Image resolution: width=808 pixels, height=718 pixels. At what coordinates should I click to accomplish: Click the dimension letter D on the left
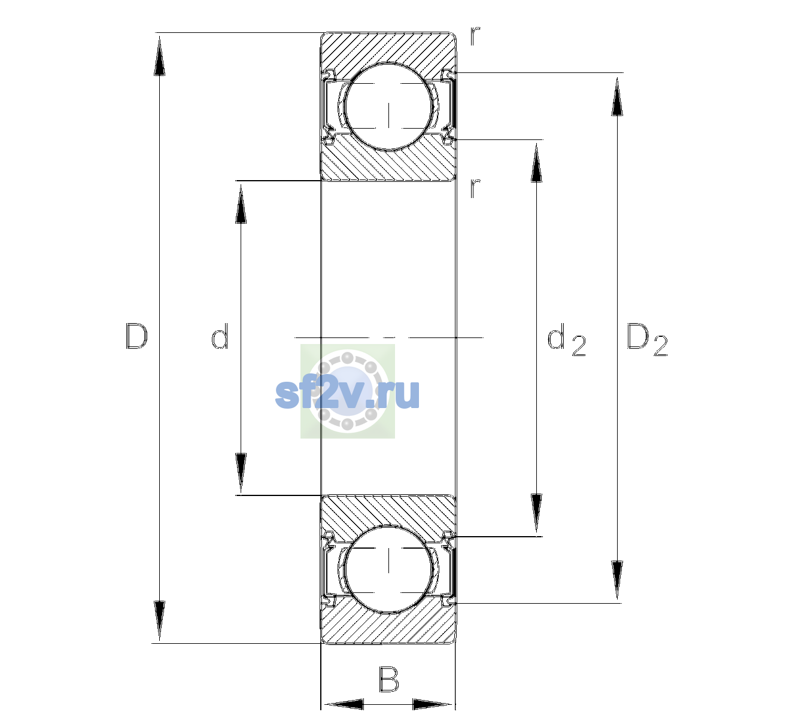tap(136, 336)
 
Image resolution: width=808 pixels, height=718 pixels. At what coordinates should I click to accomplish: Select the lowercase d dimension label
tap(220, 336)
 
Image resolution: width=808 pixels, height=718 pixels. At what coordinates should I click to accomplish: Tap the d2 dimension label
tap(566, 339)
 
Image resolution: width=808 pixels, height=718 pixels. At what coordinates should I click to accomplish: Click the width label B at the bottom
tap(388, 679)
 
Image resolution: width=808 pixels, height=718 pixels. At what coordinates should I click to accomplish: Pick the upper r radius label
tap(475, 36)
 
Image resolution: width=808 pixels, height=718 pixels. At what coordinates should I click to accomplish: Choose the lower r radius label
tap(475, 188)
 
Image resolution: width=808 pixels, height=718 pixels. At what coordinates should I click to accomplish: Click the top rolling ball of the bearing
tap(388, 107)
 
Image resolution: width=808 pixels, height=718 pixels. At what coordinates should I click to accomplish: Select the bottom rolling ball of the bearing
tap(388, 568)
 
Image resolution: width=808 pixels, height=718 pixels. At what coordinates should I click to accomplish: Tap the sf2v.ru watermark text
tap(347, 393)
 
